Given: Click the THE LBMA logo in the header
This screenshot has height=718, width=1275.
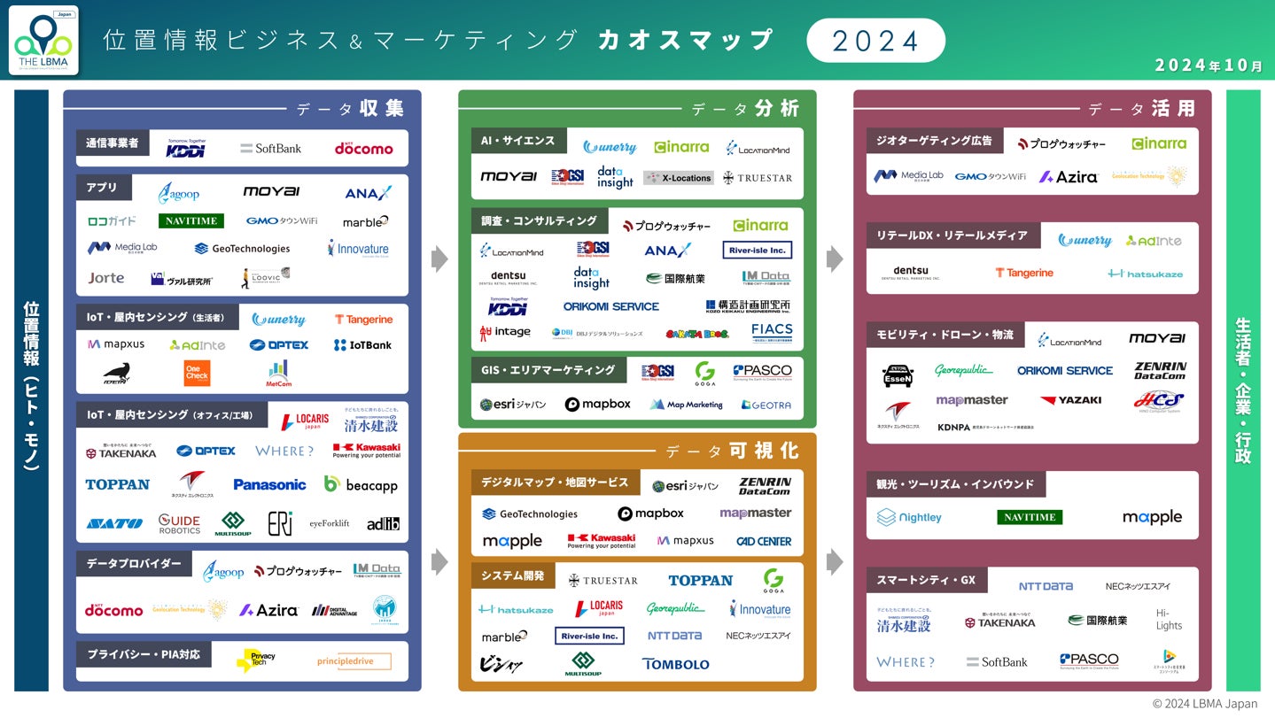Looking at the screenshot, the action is pos(43,41).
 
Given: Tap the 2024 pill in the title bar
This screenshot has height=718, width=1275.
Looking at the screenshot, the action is pos(875,41).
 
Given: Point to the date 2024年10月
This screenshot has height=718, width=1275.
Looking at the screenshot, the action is pos(1209,66).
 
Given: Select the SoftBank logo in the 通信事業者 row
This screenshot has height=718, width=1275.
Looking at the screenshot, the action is pos(271,149).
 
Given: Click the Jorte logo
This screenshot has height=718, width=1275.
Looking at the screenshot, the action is pos(106,278).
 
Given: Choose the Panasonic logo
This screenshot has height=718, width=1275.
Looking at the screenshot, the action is pos(269,484).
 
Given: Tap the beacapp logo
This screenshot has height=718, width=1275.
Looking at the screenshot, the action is pos(361,484).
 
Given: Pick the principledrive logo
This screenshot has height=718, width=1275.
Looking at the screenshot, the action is pos(354,661).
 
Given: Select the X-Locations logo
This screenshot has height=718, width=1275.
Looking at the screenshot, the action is pos(678,178).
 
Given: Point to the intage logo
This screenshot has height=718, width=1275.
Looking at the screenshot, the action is pos(505,333).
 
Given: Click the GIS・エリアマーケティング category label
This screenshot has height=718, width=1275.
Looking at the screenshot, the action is pos(548,370).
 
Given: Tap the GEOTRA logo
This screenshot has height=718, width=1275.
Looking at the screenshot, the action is pos(766,405).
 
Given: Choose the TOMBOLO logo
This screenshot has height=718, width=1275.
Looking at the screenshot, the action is pos(675,664).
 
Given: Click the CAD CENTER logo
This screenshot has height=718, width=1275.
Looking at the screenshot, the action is pos(764,541).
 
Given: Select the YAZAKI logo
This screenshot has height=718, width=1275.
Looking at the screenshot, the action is pos(1070,400).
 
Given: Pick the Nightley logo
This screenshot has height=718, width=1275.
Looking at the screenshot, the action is pos(909,518).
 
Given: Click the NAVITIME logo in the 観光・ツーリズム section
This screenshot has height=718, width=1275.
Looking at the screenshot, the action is pos(1030,518).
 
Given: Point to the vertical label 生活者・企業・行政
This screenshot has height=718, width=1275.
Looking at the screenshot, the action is pos(1242,390).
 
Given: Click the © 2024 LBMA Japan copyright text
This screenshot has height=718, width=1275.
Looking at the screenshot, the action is pos(1204,704).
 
